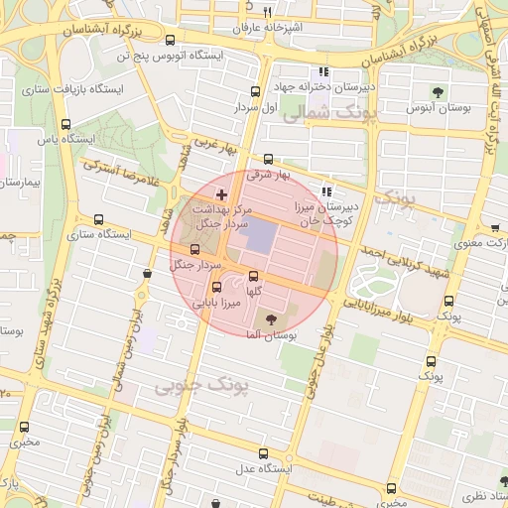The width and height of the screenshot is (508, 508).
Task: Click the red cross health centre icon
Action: (221, 192)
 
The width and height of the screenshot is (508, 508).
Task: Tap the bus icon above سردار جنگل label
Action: (193, 248)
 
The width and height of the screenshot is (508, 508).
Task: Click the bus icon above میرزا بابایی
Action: (217, 288)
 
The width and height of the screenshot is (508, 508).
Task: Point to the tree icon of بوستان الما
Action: (272, 318)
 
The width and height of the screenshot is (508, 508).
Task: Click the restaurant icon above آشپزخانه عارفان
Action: (377, 13)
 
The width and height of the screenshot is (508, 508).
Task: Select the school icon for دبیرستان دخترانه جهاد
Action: (322, 71)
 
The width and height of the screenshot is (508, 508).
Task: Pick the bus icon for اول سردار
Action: (255, 90)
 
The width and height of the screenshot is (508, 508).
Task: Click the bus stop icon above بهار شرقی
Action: (268, 159)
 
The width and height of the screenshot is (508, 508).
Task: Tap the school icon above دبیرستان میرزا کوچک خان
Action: (327, 191)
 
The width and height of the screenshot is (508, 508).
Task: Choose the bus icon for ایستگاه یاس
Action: (66, 125)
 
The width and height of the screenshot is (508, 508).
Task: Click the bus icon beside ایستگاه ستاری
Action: (97, 219)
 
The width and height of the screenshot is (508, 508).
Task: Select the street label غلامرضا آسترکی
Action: (126, 172)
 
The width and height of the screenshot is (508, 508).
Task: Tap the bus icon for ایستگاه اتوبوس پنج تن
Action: (170, 41)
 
